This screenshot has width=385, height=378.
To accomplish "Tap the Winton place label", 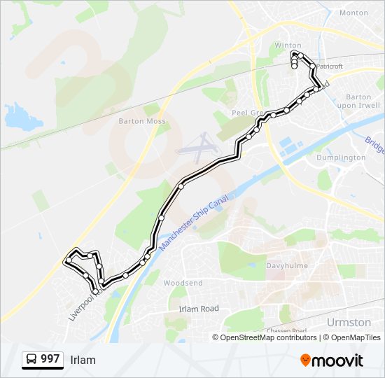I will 288,45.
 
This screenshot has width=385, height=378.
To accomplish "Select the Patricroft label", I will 329,66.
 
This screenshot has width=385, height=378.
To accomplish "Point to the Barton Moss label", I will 142,121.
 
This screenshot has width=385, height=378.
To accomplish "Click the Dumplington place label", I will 341,157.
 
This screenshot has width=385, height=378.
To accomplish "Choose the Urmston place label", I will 349,322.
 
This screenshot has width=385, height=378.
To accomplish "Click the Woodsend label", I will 183,283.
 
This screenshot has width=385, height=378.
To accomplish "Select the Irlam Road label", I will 199,309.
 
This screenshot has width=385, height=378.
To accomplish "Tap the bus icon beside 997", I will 32,360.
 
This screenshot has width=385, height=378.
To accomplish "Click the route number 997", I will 50,359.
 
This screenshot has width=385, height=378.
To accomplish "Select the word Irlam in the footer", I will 83,360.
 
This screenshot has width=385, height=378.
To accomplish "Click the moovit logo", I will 332,360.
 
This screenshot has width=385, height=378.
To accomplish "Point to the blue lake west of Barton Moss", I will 19,117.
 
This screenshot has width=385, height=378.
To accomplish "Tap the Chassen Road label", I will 286,330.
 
